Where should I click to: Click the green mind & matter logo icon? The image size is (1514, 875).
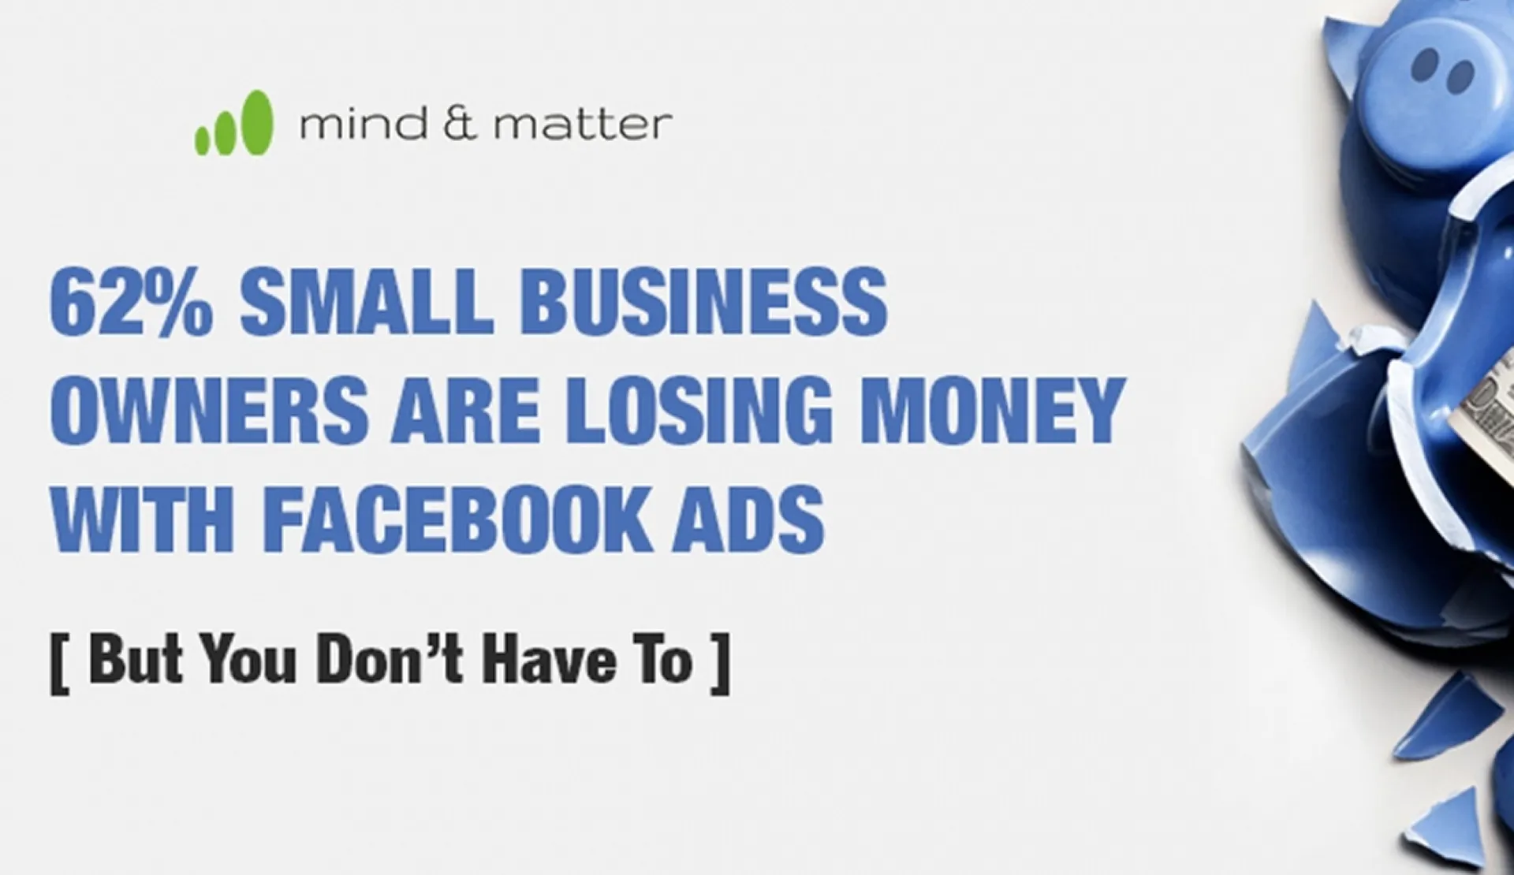coord(234,123)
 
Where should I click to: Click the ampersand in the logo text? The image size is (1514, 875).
coord(461,125)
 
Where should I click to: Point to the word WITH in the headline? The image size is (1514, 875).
coord(143,519)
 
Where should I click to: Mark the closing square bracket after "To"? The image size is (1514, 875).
coord(720,663)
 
